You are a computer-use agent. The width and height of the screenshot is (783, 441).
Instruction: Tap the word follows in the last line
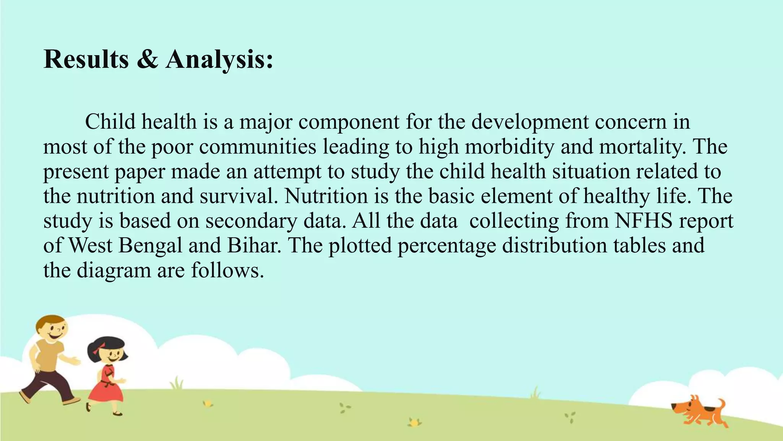227,270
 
